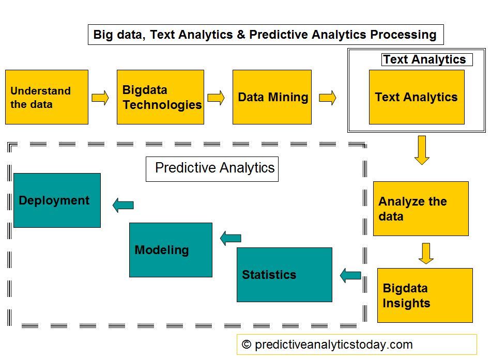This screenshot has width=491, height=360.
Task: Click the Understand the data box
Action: [x=47, y=97]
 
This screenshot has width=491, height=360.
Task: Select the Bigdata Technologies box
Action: [x=160, y=97]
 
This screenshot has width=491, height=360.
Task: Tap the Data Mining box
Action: [x=272, y=97]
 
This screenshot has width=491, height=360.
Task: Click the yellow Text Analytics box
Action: [x=417, y=97]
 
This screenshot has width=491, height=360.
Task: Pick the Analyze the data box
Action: [x=421, y=209]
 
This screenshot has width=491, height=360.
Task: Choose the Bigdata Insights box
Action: [x=425, y=295]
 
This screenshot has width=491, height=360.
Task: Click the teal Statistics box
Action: [x=284, y=275]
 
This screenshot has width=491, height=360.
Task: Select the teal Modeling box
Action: [x=171, y=250]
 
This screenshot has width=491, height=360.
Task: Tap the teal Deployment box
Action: [x=57, y=200]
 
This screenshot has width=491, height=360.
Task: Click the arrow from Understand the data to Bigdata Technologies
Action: [x=100, y=98]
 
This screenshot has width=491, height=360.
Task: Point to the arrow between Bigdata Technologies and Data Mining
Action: [x=216, y=98]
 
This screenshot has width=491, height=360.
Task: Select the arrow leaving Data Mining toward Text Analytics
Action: [x=327, y=98]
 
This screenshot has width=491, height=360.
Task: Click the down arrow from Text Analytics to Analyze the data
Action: [x=422, y=150]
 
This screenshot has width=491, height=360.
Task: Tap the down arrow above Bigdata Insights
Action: [x=426, y=253]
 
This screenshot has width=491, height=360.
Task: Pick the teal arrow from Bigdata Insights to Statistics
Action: [x=350, y=275]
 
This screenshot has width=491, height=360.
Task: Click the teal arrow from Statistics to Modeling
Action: [x=231, y=238]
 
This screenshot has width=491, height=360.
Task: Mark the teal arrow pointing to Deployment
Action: [x=123, y=205]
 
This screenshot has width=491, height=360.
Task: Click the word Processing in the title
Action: [x=404, y=35]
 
